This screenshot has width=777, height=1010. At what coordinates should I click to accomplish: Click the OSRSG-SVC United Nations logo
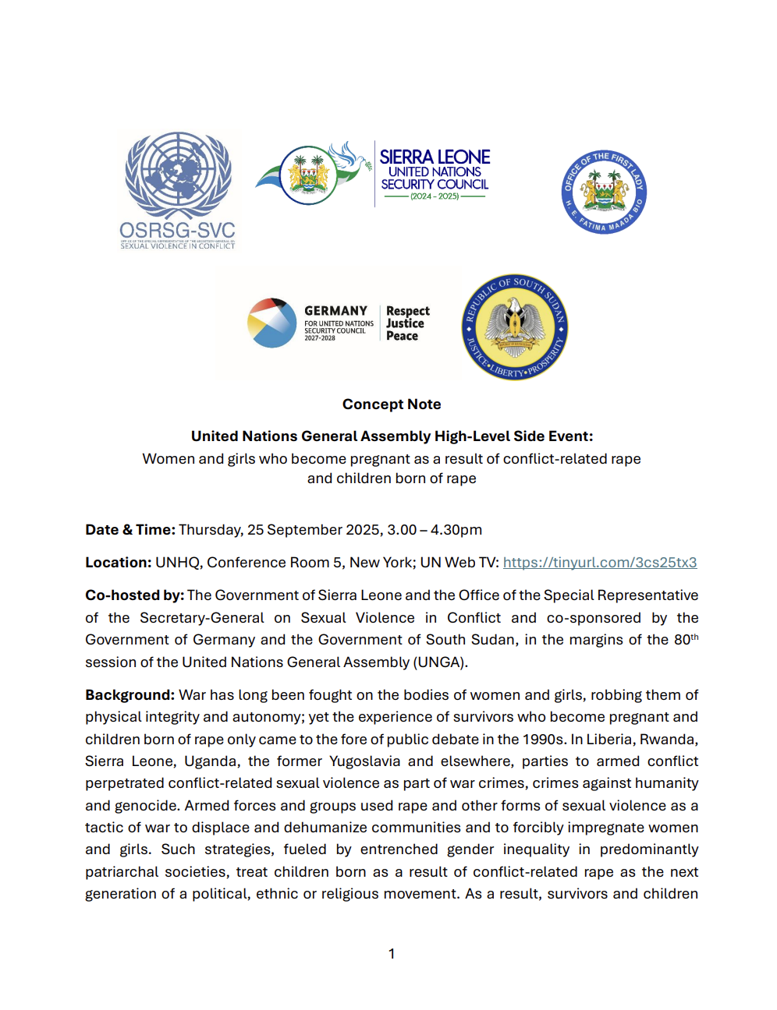tap(179, 189)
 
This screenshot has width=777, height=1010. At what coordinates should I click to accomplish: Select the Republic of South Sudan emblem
tap(515, 327)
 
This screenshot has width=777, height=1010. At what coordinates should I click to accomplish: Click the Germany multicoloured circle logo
tap(271, 323)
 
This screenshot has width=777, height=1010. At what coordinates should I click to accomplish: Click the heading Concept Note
tap(392, 404)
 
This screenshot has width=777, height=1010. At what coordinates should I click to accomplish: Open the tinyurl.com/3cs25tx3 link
tap(600, 563)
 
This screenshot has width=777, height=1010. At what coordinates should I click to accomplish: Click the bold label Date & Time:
tap(130, 530)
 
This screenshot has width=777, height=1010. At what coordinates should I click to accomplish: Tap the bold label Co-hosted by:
tap(135, 595)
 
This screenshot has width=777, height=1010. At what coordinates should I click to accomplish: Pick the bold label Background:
tap(130, 695)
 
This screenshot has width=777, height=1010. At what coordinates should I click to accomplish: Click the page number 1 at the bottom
tap(392, 954)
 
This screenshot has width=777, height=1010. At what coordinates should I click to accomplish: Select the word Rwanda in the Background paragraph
tap(669, 740)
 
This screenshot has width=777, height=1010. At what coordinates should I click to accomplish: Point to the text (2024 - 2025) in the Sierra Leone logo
tap(435, 196)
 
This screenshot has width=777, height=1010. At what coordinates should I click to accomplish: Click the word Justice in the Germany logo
tap(405, 323)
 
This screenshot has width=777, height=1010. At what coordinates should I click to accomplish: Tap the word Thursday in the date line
tap(210, 530)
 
